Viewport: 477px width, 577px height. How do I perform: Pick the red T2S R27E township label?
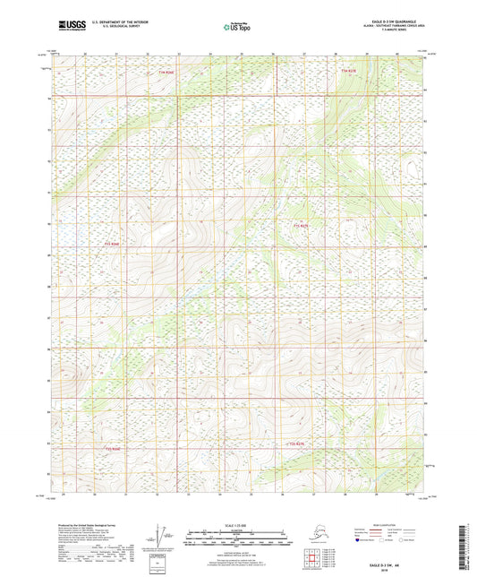(x=297, y=443)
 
